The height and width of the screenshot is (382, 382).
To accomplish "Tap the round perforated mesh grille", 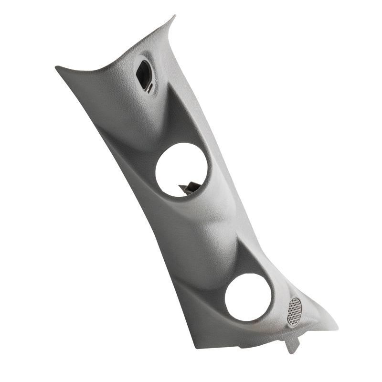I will [295, 311].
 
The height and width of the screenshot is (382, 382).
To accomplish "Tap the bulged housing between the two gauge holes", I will [210, 224].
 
